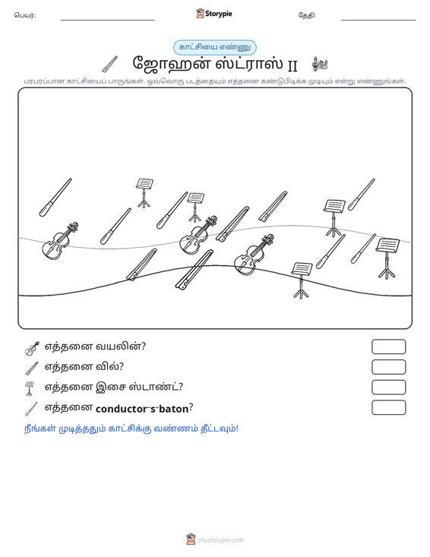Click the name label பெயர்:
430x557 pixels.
pos(25,15)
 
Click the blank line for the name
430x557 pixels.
pos(108,20)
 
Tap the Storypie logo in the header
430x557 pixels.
pos(214,14)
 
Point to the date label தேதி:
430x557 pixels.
pos(307,15)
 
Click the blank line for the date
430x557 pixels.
pos(378,20)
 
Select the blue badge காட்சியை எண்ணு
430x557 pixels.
pos(215,47)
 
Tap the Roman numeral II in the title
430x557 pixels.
pos(292,65)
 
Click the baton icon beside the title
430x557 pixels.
pos(109,65)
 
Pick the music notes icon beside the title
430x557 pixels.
pos(320,64)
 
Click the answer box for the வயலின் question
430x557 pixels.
pos(388,347)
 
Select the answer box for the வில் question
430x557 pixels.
pos(388,367)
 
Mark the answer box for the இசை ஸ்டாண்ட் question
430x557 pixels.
pos(388,388)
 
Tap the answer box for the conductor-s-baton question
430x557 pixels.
pos(388,407)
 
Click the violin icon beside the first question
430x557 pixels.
pos(32,348)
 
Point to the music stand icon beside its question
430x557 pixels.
pos(30,388)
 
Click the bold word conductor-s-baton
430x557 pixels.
pos(142,409)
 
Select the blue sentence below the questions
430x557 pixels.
pos(131,429)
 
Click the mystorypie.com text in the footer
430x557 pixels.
pos(220,540)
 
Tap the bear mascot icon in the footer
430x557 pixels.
pos(191,540)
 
